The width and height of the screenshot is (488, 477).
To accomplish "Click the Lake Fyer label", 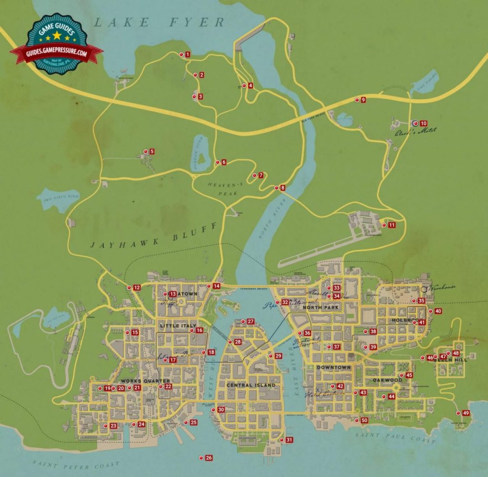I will [x=159, y=22].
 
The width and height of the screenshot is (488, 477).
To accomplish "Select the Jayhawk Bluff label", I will [x=153, y=237].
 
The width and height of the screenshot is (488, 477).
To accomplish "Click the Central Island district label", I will [x=251, y=385].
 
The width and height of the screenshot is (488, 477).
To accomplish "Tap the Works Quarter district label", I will [x=145, y=381].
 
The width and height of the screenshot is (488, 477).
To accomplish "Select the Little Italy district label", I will [x=178, y=325].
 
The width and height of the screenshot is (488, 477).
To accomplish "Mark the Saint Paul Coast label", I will [x=396, y=436].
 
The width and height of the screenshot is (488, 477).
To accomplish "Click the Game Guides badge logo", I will [x=57, y=43].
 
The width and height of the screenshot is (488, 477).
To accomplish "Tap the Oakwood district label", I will [x=387, y=380].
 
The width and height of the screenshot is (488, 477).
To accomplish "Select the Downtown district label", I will [x=334, y=367].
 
